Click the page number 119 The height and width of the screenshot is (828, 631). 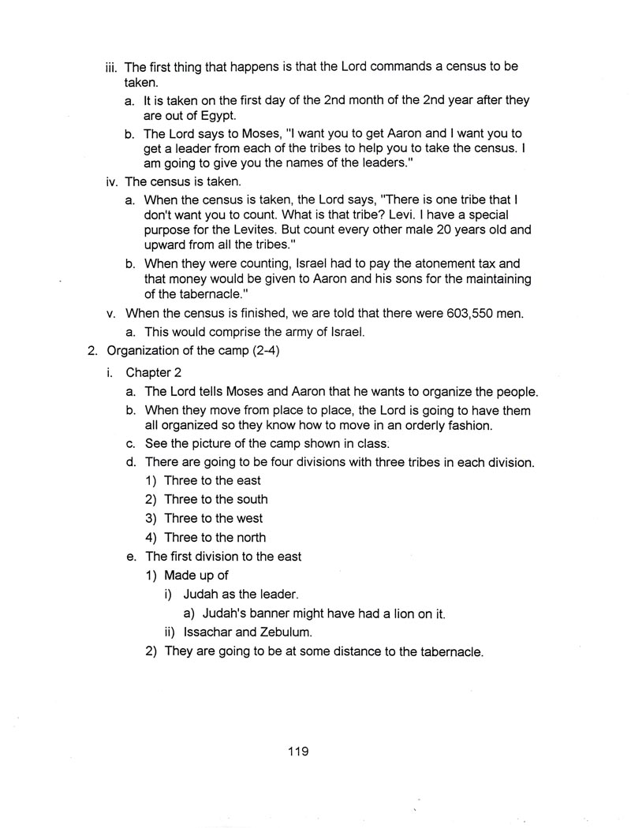click(298, 751)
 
